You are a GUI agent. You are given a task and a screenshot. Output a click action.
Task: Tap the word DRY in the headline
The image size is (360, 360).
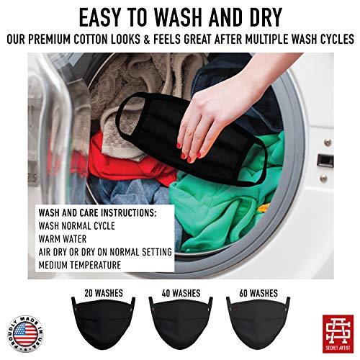[x=274, y=16]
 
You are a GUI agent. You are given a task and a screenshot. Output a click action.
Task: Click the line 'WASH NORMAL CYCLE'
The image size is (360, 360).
[x=78, y=227]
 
